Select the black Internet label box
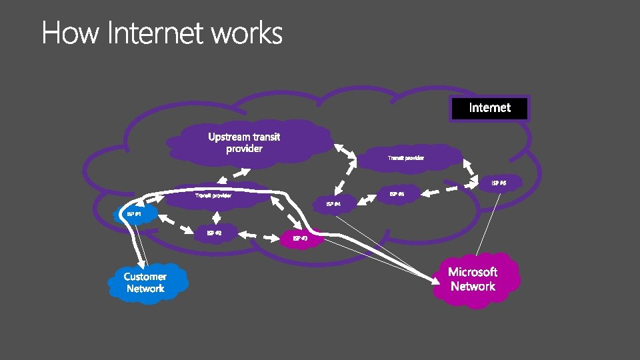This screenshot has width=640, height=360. pyautogui.click(x=489, y=108)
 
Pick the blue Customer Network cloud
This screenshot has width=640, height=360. pyautogui.click(x=145, y=283)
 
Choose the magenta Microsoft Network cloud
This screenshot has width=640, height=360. pyautogui.click(x=473, y=279)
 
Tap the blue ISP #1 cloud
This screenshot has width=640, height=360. pyautogui.click(x=135, y=214)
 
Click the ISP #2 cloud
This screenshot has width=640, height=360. pyautogui.click(x=214, y=233)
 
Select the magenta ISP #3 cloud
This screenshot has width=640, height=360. pyautogui.click(x=300, y=238)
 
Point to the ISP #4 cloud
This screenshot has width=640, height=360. pyautogui.click(x=333, y=203)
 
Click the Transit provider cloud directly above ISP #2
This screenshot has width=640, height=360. pyautogui.click(x=213, y=196)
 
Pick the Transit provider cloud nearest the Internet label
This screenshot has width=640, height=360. pyautogui.click(x=406, y=158)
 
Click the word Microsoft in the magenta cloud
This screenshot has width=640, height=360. pyautogui.click(x=473, y=272)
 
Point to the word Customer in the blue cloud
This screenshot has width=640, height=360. pyautogui.click(x=145, y=276)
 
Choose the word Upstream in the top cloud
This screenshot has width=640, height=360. pyautogui.click(x=230, y=137)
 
